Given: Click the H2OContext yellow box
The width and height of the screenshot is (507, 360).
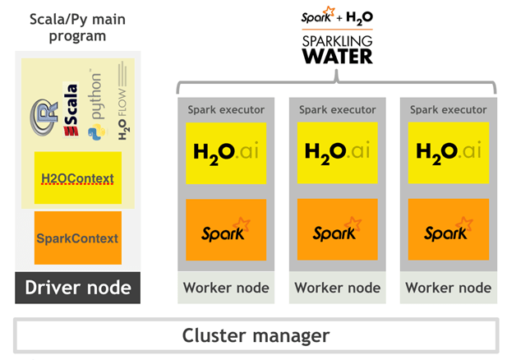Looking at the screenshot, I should pos(77,178).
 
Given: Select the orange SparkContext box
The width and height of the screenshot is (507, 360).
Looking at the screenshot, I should pos(77,238).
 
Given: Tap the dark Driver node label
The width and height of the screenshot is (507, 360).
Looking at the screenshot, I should pos(77,288).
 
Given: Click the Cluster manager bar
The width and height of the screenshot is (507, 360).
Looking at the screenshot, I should pos(256,335).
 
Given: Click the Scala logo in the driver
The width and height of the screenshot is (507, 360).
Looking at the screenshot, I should pos(71,110).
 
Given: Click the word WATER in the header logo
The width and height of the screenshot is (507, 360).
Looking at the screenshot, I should pos(337,56).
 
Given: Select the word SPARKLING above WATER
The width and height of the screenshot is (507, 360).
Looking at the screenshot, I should pos(337,40).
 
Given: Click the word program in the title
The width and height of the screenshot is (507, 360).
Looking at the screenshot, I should pos(78,35).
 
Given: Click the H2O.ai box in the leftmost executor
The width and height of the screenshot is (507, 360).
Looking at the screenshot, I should pos(226,151).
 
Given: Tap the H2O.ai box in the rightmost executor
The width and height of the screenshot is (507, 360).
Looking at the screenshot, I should pos(448,151).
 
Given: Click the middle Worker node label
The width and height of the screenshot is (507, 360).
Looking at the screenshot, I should pos(337,288).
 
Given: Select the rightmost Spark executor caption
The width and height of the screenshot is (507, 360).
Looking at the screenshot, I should pos(448,108).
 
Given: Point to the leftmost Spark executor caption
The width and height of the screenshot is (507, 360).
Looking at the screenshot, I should pos(226,108).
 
